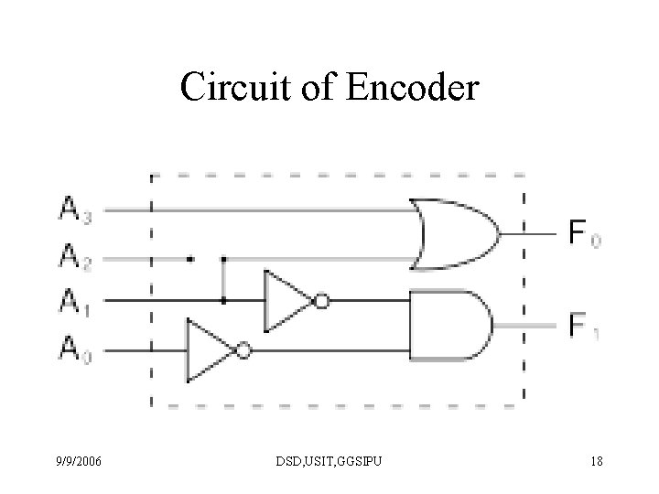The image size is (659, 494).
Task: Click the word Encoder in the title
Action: click(413, 87)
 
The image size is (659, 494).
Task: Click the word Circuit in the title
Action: click(235, 87)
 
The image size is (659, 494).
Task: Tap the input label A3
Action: click(75, 209)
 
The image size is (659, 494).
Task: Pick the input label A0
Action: click(75, 349)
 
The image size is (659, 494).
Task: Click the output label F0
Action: click(585, 232)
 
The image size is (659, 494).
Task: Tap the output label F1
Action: click(584, 326)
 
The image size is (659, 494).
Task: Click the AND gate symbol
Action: click(451, 325)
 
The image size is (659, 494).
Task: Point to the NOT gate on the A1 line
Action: click(297, 301)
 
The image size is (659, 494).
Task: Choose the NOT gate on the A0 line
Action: click(220, 350)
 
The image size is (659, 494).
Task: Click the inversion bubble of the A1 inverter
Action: click(322, 301)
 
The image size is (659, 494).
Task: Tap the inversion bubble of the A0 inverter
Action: click(243, 350)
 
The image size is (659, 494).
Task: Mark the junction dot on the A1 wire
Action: click(223, 301)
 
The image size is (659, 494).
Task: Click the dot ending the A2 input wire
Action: click(190, 259)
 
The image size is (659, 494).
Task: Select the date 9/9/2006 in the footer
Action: click(79, 461)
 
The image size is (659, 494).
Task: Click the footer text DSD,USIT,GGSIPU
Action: click(329, 461)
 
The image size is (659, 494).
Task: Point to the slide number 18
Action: click(597, 461)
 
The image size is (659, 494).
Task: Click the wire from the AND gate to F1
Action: click(525, 326)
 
